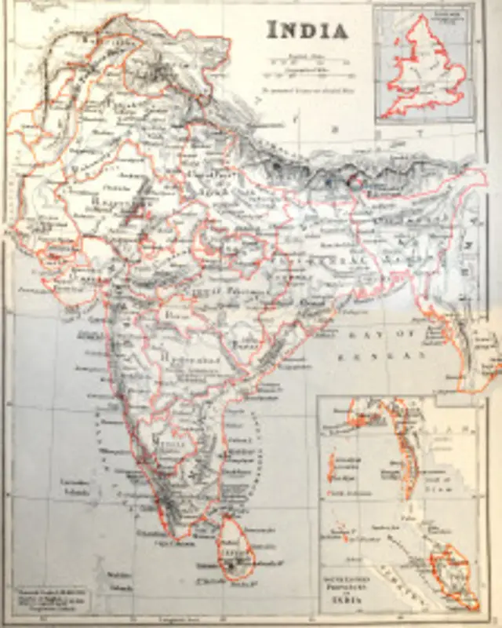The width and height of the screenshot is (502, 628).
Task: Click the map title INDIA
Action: point(307,30)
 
